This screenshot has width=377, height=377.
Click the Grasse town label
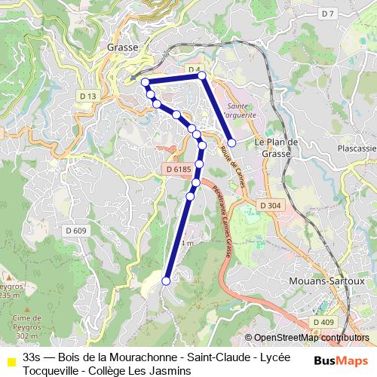click(x=122, y=47)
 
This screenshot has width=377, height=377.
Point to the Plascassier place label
click(x=357, y=149)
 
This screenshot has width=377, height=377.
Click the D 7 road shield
click(x=326, y=14)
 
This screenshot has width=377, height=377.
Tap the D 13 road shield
click(x=88, y=97)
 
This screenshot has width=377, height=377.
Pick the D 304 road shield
click(x=270, y=205)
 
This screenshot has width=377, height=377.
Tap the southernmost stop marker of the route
click(x=166, y=280)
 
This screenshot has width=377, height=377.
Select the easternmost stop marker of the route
click(x=232, y=143)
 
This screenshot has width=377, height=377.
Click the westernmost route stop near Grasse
click(x=145, y=81)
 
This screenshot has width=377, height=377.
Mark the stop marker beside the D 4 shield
click(x=201, y=75)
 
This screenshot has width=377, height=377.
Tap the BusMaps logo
click(x=341, y=360)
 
